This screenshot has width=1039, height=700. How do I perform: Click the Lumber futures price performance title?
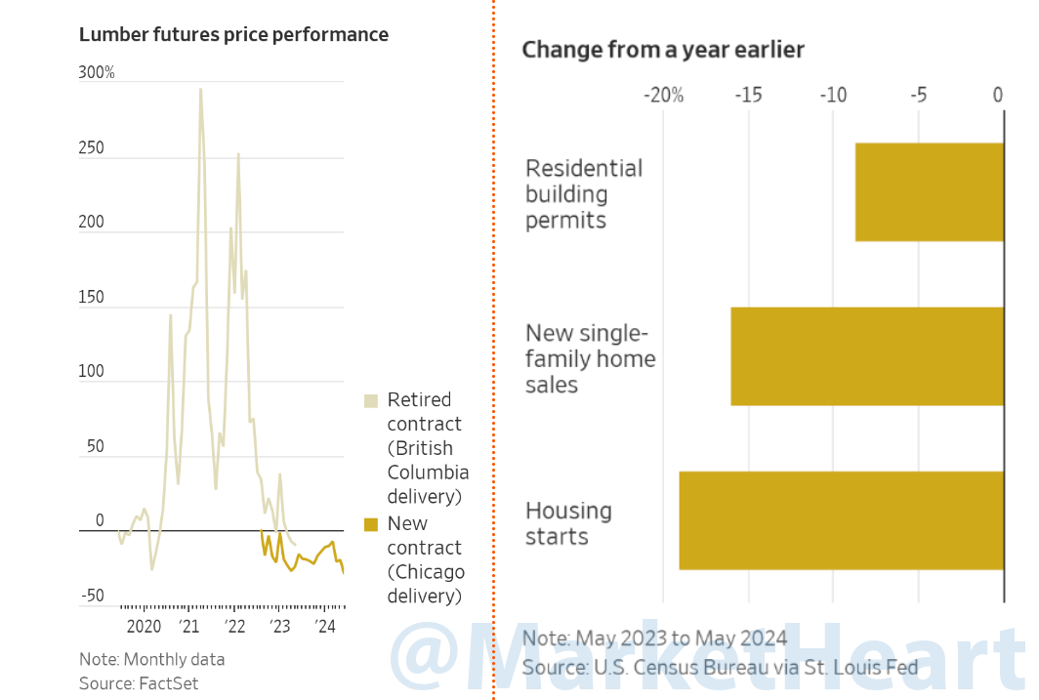[x=233, y=35]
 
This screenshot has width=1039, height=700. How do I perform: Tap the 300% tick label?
[x=97, y=73]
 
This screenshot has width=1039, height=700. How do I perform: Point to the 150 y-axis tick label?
[x=91, y=298]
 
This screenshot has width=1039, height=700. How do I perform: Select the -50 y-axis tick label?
[x=92, y=597]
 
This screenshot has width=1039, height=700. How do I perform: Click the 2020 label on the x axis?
[x=144, y=627]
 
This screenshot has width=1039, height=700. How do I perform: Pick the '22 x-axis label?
[x=234, y=627]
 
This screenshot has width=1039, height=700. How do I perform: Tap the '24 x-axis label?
[x=325, y=627]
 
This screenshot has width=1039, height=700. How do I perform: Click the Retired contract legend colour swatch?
[x=371, y=401]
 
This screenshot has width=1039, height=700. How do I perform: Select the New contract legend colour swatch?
[x=371, y=525]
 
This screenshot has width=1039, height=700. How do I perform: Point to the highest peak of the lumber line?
[x=201, y=90]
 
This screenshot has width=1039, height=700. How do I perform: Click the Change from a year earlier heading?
[x=663, y=50]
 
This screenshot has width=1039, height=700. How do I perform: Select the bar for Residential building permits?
[x=930, y=192]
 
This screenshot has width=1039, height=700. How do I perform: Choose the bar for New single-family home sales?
[x=867, y=356]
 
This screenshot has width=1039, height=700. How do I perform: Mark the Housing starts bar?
[x=842, y=520]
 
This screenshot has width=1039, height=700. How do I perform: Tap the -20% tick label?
[x=663, y=95]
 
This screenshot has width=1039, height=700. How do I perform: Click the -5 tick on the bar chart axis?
[x=918, y=95]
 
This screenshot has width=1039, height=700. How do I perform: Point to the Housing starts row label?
[x=568, y=523]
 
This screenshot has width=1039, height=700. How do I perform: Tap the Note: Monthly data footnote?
[x=151, y=659]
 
